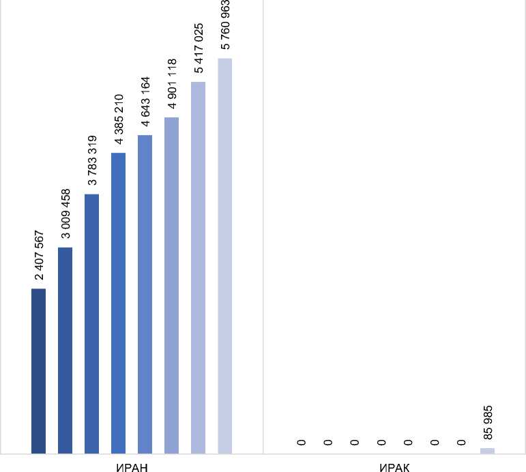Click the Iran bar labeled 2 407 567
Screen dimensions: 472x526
tap(38, 371)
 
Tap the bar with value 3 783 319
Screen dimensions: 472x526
tap(91, 324)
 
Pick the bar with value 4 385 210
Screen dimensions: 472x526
tap(118, 303)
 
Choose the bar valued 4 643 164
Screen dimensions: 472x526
tap(145, 294)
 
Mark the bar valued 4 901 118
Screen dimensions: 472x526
tap(171, 285)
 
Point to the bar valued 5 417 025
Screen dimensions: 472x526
tap(198, 267)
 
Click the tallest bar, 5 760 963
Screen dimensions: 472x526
tap(224, 256)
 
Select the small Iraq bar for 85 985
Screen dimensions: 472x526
tap(487, 450)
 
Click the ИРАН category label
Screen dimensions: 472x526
tap(131, 466)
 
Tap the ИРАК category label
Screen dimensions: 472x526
tap(394, 466)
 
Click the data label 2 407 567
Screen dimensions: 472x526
tap(40, 255)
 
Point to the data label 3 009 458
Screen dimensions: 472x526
tap(66, 213)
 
